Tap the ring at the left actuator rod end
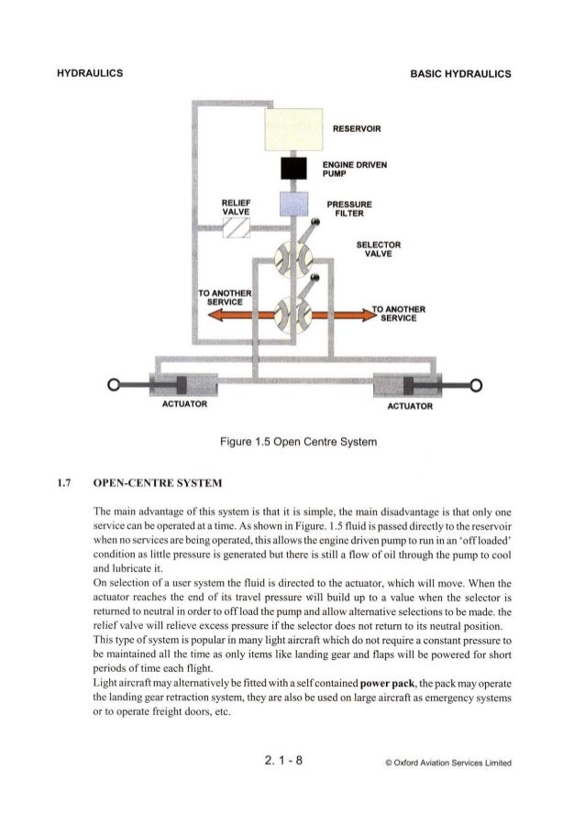click(114, 383)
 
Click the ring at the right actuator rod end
click(477, 383)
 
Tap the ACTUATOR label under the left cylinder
click(185, 403)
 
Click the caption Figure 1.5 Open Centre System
click(292, 443)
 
